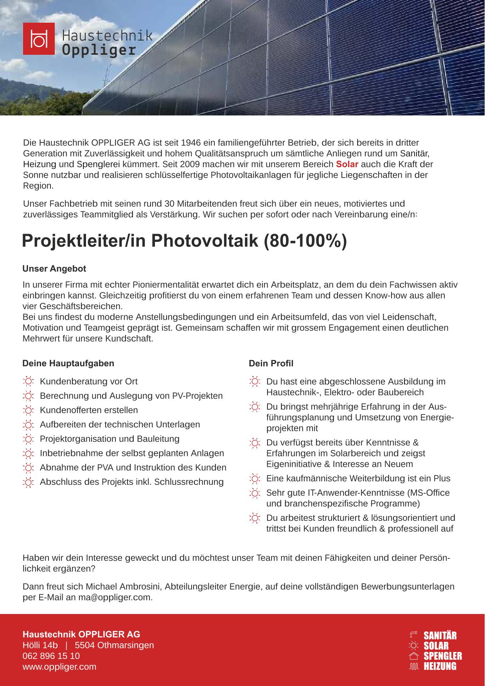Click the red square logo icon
(39, 39)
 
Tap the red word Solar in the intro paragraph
(347, 164)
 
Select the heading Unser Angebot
(54, 269)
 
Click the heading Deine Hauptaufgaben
(68, 363)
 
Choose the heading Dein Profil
(271, 363)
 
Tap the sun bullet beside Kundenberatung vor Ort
(28, 382)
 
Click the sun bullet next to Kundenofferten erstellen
(28, 411)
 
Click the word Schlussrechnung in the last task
(189, 482)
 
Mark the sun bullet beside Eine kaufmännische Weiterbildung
(254, 479)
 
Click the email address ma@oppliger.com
(114, 597)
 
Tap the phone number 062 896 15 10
(51, 656)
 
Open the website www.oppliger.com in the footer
(59, 666)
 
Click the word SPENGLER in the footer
(443, 656)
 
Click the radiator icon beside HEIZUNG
(414, 666)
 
